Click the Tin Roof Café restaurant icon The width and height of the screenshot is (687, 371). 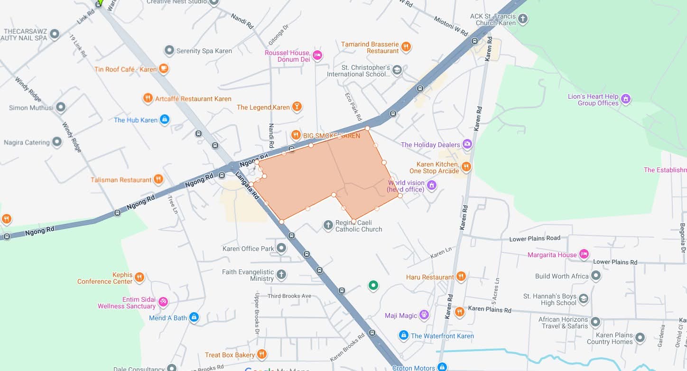point(163,69)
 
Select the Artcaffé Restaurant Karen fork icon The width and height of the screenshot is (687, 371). point(148,99)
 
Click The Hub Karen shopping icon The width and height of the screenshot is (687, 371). point(165,120)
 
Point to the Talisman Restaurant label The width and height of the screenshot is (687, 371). point(121,180)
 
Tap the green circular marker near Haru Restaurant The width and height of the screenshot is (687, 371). point(373,285)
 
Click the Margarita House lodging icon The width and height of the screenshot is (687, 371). point(584,255)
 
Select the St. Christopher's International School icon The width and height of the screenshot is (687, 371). point(397,71)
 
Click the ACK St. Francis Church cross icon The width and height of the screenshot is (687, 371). point(523,19)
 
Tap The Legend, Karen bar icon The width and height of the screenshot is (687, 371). point(297,107)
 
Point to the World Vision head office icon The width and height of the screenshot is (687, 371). point(432,185)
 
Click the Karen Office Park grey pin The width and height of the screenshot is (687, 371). point(282,248)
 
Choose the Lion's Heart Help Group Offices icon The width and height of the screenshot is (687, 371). point(626,99)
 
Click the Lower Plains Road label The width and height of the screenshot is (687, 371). point(535,238)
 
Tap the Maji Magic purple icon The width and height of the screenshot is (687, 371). point(424,315)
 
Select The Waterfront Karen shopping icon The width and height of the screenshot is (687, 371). point(404,335)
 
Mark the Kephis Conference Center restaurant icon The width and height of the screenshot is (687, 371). point(139,278)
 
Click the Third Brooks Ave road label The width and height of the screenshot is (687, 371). point(289,296)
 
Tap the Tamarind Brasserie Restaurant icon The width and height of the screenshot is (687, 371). point(406,47)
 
